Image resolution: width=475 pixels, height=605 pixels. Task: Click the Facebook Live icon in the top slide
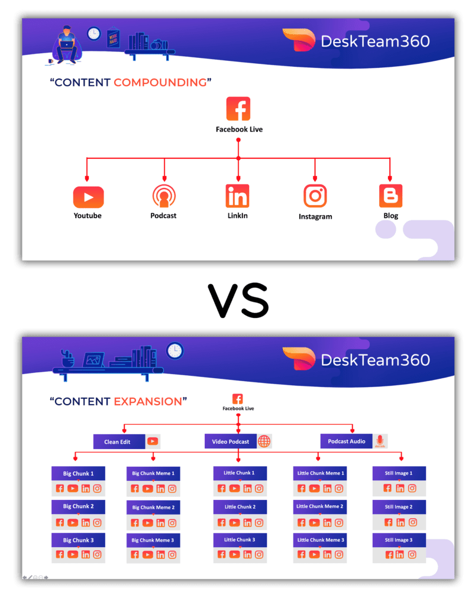point(238,109)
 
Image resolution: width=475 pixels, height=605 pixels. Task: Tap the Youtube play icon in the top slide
point(88,197)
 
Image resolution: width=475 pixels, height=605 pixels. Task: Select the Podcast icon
point(164,196)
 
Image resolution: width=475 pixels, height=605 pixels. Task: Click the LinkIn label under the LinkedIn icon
point(238,216)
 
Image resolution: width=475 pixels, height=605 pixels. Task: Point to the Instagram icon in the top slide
point(315,196)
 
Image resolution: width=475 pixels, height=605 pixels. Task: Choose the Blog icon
point(390,196)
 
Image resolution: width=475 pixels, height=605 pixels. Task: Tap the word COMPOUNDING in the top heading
point(160,82)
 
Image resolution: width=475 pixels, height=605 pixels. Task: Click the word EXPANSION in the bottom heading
point(148,401)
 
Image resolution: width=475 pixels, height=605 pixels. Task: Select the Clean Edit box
point(119,441)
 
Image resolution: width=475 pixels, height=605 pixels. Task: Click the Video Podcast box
point(231,441)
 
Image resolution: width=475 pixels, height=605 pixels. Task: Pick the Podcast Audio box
point(347,441)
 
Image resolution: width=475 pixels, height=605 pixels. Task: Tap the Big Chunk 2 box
point(79,506)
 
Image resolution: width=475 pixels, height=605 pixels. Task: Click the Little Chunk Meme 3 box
point(320,540)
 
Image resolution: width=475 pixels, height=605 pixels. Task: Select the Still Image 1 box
point(399,473)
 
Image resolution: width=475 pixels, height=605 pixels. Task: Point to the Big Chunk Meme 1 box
point(153,473)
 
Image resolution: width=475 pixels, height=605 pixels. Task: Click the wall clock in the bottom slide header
point(175,351)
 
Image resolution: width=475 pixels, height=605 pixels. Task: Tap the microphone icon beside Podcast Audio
point(380,441)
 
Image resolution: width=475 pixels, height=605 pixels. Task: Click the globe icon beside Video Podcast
point(264,441)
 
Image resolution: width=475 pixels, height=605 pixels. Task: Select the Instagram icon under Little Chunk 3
point(260,555)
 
